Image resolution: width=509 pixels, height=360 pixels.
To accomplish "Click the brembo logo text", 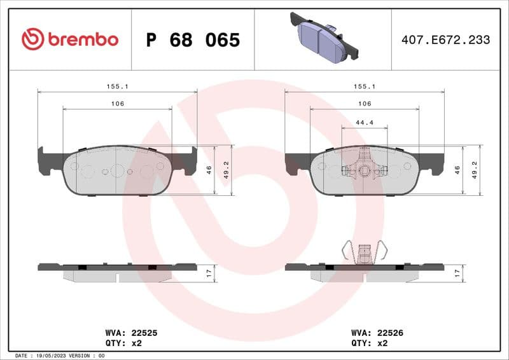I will pos(82,39).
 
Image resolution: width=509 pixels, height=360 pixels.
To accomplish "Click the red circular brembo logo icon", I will pos(32,39).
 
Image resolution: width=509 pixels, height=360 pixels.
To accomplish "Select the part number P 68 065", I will pos(193,40).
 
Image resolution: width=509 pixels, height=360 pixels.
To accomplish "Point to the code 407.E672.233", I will pos(445,40).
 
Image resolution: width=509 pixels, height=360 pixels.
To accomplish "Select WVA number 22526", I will pos(390,332).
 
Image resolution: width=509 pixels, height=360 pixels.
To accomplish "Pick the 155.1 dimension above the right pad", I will pos(364,86).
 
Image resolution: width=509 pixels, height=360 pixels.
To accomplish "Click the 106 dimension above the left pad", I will pos(117,104).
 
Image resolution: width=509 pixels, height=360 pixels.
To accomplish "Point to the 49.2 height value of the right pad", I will pos(474,170).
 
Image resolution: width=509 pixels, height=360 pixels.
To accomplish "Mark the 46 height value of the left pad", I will pos(209,170).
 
